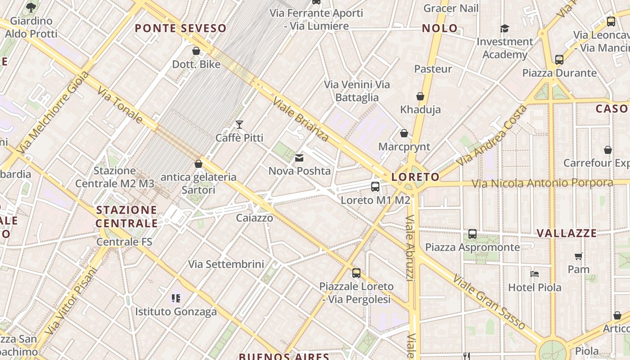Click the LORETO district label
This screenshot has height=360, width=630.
pos(415,177)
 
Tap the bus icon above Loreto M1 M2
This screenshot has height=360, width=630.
pos(375,186)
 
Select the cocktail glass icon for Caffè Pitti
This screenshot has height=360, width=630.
pos(239,125)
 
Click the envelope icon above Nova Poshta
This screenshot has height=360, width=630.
pos(299,158)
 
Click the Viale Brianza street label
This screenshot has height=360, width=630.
pos(301,118)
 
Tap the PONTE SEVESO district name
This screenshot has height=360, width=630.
pos(180,28)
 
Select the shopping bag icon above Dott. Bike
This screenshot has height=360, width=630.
pos(196,51)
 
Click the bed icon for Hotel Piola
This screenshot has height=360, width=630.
pos(535,274)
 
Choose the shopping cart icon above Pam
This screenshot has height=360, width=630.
pos(578,256)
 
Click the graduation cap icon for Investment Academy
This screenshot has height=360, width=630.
pos(504,29)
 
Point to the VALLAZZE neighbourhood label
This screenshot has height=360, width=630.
pos(567,233)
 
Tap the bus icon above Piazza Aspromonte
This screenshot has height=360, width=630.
pos(472,234)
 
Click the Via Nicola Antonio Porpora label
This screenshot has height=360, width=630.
pos(542,183)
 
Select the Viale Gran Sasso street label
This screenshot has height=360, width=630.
pos(489,301)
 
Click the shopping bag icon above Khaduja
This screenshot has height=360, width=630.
pos(420,96)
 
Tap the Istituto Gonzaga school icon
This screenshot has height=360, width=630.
pos(176,298)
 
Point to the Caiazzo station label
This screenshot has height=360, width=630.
pos(255,218)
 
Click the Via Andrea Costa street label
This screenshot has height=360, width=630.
pos(491,135)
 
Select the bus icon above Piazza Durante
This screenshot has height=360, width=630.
pos(559,59)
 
